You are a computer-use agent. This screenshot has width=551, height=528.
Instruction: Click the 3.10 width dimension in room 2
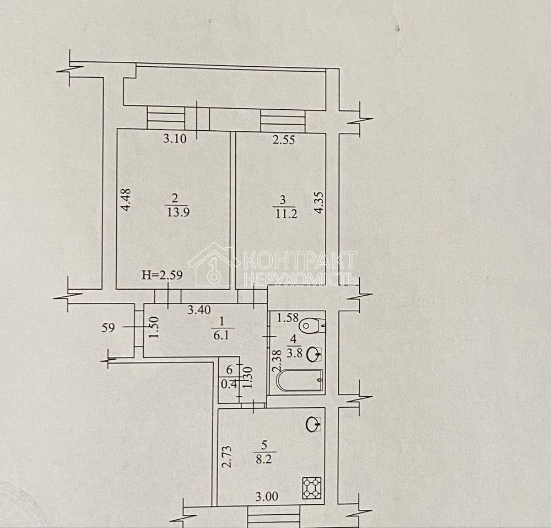(x=175, y=139)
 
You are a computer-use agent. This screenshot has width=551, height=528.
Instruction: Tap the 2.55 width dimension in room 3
(x=284, y=140)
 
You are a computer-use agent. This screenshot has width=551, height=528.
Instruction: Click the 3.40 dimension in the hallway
(x=199, y=311)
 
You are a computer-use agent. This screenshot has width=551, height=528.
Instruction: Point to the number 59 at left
(x=108, y=327)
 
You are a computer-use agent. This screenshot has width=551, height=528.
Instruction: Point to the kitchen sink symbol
(x=313, y=424)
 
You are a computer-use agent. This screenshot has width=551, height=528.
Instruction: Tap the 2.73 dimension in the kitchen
(x=226, y=456)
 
